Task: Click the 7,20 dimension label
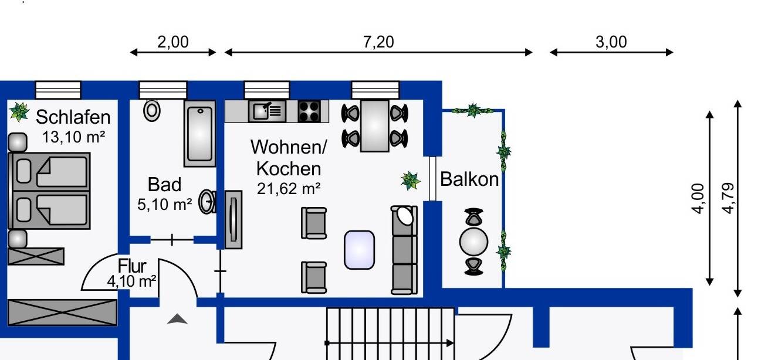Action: coord(378,42)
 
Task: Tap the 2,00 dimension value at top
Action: coord(173,42)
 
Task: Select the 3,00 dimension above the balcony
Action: coord(611,42)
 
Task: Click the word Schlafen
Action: coord(73,117)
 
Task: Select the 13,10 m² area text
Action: coord(73,137)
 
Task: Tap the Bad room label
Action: coord(164,185)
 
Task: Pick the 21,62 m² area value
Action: coord(289,189)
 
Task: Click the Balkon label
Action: coord(469,179)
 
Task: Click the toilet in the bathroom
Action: coord(153,110)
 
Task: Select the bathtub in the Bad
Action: coord(200,133)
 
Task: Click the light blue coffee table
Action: coord(359,250)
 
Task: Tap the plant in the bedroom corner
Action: coord(19,111)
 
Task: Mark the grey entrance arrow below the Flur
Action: coord(177,319)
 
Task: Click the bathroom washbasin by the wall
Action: coord(207,202)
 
